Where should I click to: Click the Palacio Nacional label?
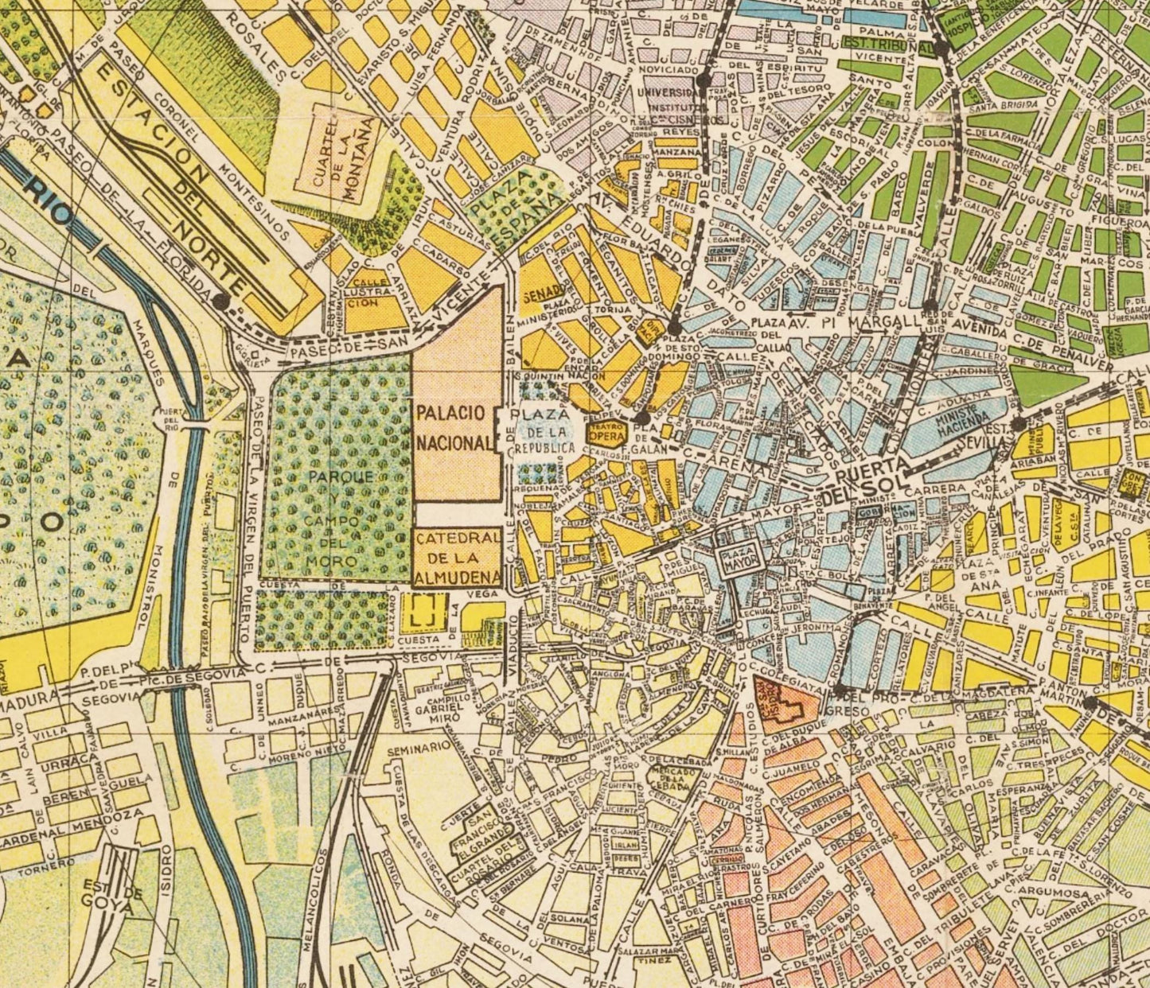[x=450, y=428]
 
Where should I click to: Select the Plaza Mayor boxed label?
[x=740, y=558]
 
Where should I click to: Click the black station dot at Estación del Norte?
[x=220, y=300]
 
